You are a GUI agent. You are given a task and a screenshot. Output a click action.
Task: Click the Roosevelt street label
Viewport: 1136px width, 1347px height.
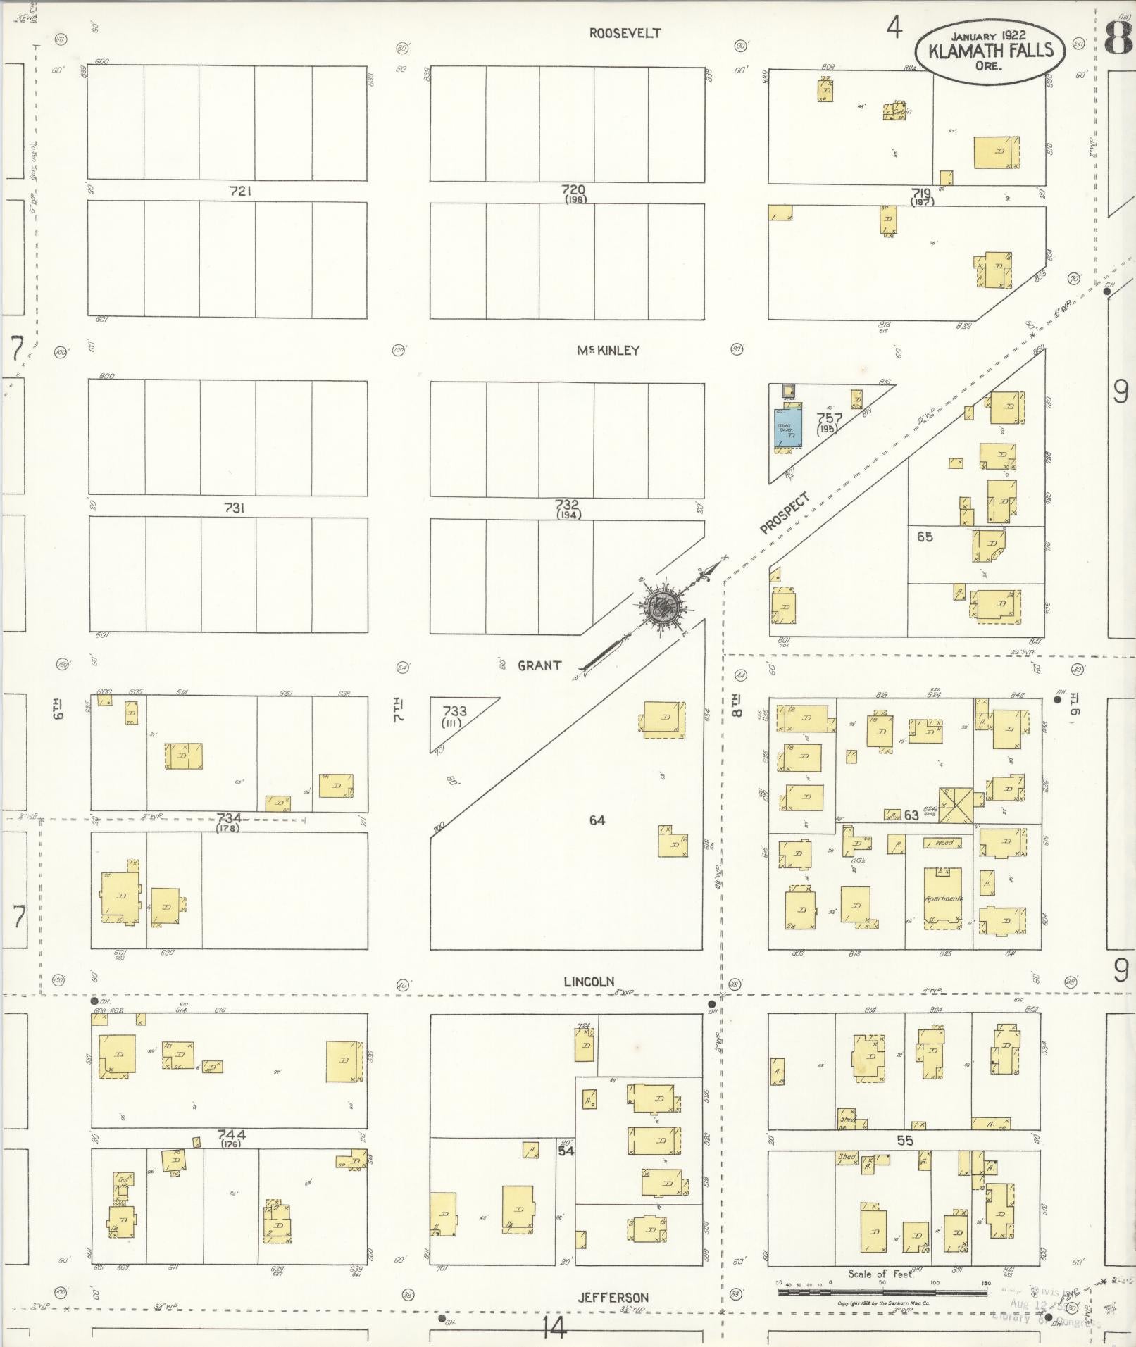pos(625,33)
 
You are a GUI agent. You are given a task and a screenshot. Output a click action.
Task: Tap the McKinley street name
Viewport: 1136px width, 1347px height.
pos(608,350)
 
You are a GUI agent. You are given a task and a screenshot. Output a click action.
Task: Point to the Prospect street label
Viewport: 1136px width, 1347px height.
pos(785,513)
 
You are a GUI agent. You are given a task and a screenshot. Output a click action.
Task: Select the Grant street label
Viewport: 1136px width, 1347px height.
pos(539,665)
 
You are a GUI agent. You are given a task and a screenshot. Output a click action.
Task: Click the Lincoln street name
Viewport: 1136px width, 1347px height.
pos(589,982)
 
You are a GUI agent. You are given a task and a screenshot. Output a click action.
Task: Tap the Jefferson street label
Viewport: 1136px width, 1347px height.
pos(613,1297)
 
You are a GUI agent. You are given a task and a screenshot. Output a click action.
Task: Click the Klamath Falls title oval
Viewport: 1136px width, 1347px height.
pos(989,51)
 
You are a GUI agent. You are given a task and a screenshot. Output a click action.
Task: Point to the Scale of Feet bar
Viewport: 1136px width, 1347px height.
pos(882,1293)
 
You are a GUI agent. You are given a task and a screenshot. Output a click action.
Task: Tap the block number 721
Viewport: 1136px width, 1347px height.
pos(241,191)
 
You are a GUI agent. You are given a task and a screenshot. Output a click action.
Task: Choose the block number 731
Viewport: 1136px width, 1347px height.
pos(234,508)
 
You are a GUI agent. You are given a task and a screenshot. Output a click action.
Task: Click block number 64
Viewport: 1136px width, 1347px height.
pos(597,820)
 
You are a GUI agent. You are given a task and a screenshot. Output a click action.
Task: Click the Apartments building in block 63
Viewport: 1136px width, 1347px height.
pos(943,899)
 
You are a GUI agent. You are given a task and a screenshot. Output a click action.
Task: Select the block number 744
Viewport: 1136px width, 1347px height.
pos(231,1135)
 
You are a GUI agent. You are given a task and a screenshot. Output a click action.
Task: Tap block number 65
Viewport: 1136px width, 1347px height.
pos(925,537)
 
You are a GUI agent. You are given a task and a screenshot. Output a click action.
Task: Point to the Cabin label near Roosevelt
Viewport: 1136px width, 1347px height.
pos(901,112)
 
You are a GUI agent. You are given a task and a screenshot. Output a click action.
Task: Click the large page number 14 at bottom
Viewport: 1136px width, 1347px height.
pos(554,1328)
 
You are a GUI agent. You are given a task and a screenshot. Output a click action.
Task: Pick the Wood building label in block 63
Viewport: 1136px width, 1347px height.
pos(944,842)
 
